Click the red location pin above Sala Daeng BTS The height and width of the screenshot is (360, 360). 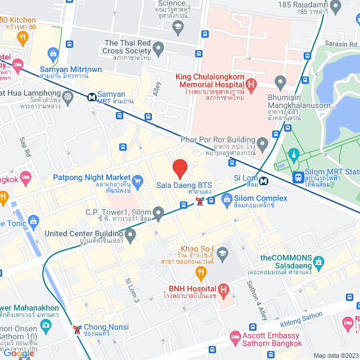point(179,168)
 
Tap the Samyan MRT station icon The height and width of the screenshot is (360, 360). point(91,97)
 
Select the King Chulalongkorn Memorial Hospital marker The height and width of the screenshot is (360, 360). point(251,84)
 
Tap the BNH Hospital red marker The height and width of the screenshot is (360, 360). point(224,291)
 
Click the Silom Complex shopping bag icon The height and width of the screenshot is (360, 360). point(227,199)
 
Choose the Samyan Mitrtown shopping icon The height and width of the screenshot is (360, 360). point(53,55)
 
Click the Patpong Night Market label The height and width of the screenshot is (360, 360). point(92,177)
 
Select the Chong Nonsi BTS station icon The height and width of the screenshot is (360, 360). point(76,328)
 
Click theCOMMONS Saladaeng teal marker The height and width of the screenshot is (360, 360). point(319,262)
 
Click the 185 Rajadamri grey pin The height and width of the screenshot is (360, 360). point(336,6)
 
